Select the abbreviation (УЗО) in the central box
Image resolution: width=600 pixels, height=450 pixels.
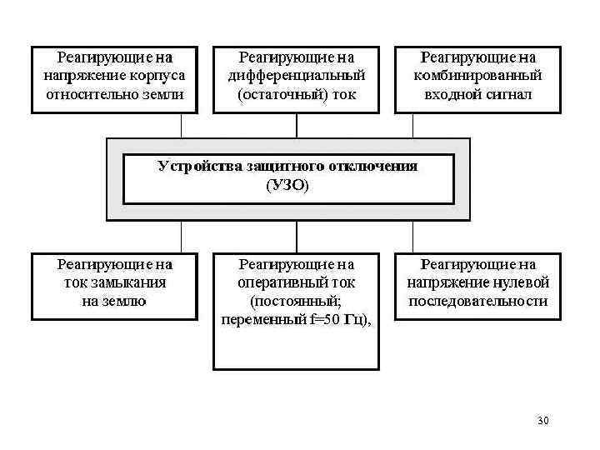(287, 185)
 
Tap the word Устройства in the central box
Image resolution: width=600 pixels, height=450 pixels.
(200, 166)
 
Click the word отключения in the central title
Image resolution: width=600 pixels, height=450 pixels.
(377, 166)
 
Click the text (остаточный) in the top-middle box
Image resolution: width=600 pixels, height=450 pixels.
(272, 94)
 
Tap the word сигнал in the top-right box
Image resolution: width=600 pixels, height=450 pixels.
(509, 94)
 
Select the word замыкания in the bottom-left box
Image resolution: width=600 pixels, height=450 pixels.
(134, 282)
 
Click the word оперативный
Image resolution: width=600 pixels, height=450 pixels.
(274, 282)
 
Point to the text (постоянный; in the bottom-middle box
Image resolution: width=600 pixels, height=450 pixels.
(296, 301)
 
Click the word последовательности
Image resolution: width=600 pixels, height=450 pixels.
(478, 301)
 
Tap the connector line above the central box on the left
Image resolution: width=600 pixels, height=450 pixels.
(182, 124)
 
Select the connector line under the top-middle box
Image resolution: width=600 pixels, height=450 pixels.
(297, 124)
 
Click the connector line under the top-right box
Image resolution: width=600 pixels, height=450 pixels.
(412, 124)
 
